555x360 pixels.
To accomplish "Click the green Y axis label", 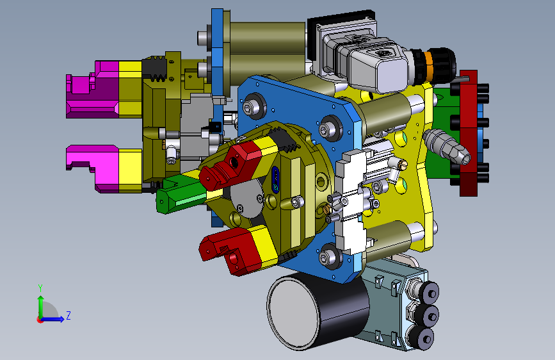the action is (40, 288).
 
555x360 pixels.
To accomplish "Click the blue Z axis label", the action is (68, 315).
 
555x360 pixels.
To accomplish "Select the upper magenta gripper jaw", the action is (92, 89).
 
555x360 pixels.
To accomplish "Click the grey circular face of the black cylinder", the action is (293, 311).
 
